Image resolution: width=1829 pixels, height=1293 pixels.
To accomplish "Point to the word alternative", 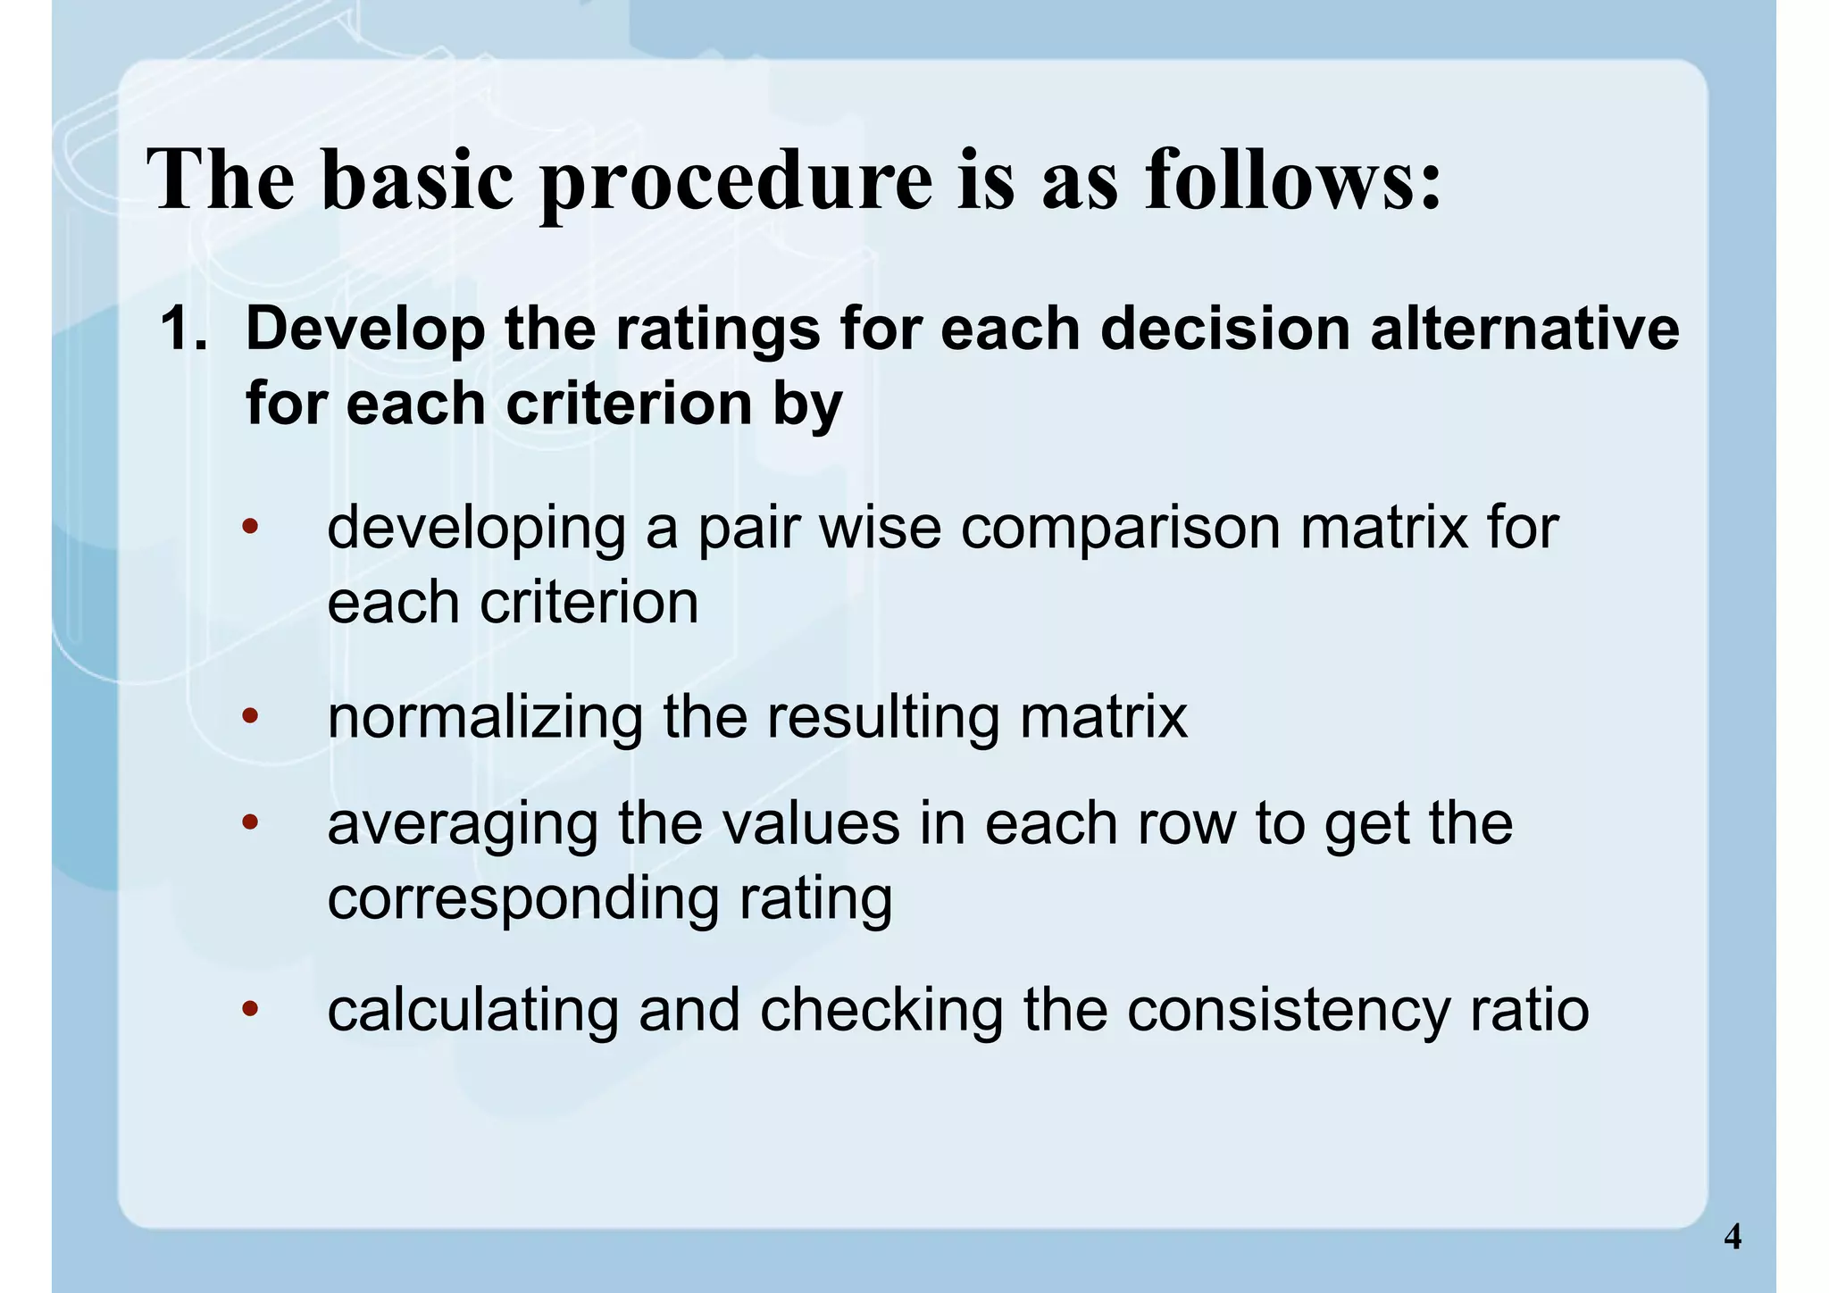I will tap(1524, 329).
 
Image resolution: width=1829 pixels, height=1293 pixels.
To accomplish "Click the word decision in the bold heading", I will tap(1224, 329).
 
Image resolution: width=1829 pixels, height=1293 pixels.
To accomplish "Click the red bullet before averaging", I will tap(250, 822).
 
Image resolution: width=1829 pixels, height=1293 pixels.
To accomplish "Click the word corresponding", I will tap(522, 900).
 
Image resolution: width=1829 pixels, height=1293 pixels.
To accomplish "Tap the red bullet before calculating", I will tap(250, 1009).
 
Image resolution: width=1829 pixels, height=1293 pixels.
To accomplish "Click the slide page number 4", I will tap(1732, 1237).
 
